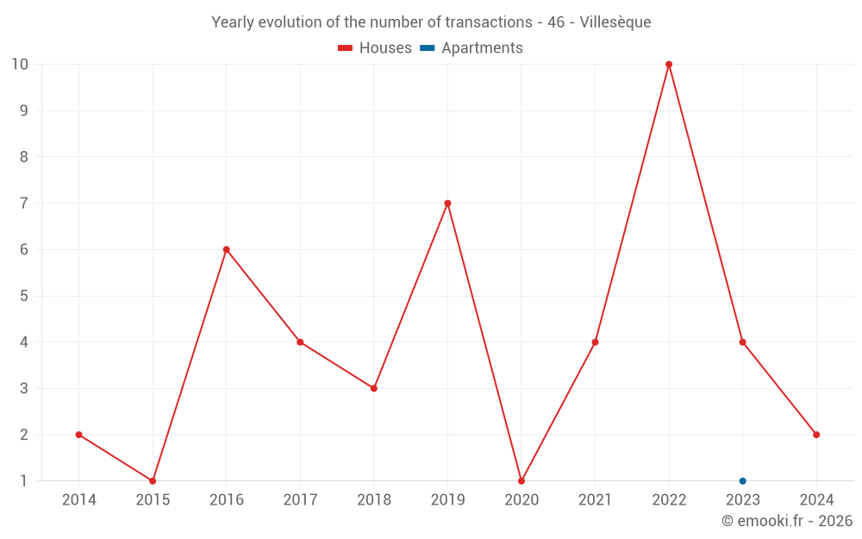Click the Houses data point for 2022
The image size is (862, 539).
[669, 65]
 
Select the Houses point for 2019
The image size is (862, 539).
[447, 204]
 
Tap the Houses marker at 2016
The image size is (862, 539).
[227, 249]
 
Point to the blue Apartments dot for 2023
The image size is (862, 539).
[742, 481]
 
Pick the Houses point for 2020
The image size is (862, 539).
[522, 481]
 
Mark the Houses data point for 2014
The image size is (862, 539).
[79, 435]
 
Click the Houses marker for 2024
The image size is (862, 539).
[816, 435]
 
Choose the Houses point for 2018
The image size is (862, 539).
[374, 388]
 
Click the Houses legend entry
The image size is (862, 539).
[375, 48]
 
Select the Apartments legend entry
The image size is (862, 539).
[472, 48]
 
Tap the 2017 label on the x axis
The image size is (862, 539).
[300, 500]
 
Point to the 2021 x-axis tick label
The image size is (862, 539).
[595, 500]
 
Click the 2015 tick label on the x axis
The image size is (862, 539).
[153, 500]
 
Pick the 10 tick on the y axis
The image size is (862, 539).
[20, 65]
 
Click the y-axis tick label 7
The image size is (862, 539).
[24, 204]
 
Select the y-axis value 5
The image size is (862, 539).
[24, 296]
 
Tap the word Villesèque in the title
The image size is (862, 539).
[615, 22]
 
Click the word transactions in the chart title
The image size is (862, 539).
[489, 22]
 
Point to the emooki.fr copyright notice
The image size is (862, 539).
[787, 521]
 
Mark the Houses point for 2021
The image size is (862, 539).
[595, 342]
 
